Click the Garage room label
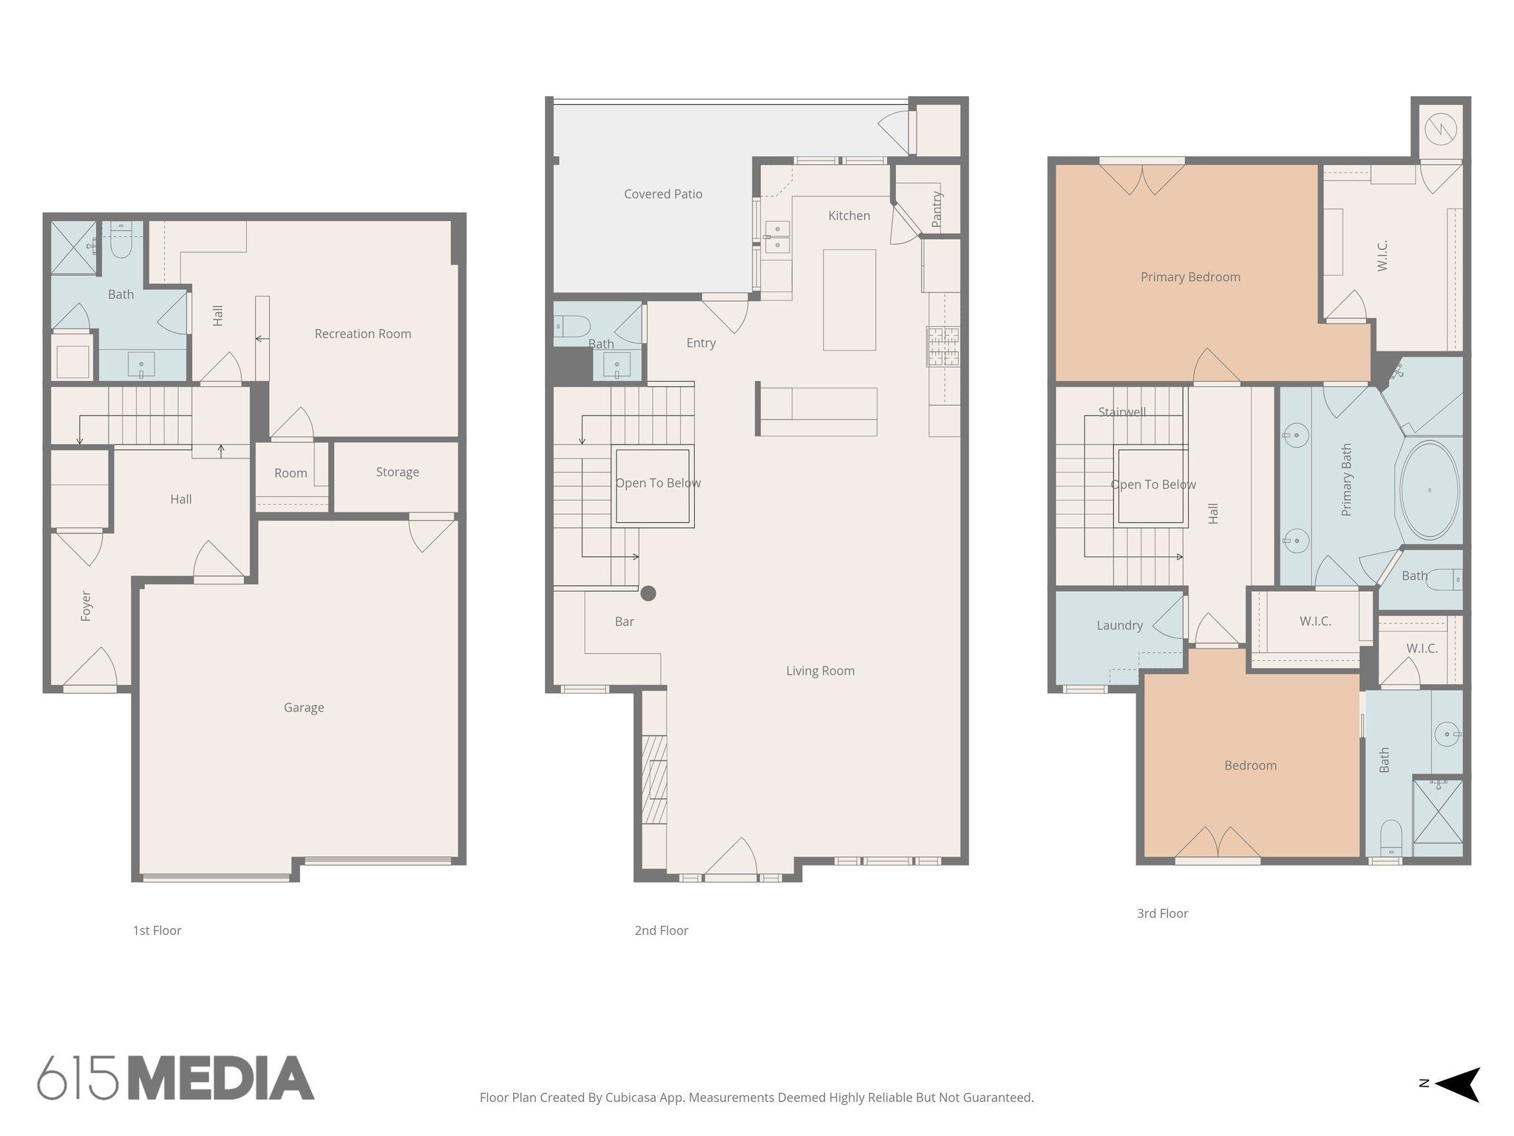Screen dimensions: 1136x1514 (x=304, y=708)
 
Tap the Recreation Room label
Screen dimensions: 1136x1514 (x=363, y=334)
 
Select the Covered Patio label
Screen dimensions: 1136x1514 (x=663, y=194)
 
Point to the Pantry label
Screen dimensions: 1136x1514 (x=937, y=209)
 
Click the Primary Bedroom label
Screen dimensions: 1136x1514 (x=1190, y=277)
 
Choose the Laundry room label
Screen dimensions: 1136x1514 (x=1119, y=626)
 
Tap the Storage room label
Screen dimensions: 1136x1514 (x=398, y=472)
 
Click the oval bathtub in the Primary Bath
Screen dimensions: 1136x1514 (x=1430, y=490)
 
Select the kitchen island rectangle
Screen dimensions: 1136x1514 (x=849, y=300)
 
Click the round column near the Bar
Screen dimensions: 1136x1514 (x=648, y=593)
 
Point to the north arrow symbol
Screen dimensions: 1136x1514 (x=1457, y=1084)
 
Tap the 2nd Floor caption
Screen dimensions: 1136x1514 (x=661, y=930)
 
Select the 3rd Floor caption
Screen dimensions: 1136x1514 (x=1162, y=913)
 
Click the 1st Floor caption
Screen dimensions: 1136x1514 (x=157, y=930)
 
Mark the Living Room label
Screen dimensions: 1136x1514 (x=820, y=671)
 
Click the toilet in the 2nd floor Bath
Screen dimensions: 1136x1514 (x=572, y=325)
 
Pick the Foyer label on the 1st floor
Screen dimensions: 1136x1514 (x=86, y=606)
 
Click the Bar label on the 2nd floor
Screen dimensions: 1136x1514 (x=625, y=622)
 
